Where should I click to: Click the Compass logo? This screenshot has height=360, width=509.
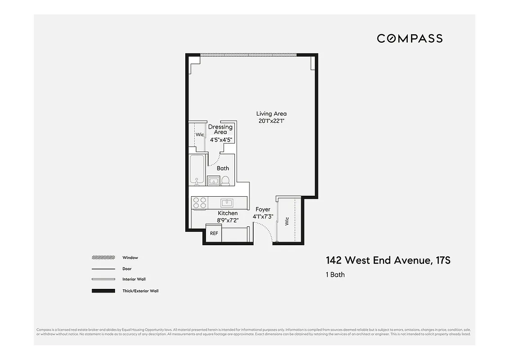pos(410,38)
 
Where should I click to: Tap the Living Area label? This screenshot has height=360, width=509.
pos(271,114)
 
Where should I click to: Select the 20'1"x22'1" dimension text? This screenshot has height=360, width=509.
pos(271,121)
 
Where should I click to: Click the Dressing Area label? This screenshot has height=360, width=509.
pos(220,130)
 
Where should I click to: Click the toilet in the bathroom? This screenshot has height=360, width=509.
pos(226,181)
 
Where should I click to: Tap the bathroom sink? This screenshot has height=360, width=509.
pos(214,181)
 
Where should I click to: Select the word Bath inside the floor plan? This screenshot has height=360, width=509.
pos(223,168)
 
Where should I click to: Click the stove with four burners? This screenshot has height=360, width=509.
pos(199,203)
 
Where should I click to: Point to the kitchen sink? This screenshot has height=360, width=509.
pos(226,202)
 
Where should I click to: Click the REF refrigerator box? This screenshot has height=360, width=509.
pos(214,233)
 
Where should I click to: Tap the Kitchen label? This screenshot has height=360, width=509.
pos(228,213)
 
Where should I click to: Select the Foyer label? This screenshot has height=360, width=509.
pos(263,209)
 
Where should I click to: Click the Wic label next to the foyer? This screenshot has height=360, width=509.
pos(286,221)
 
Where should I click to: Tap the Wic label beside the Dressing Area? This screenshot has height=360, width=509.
pos(199,135)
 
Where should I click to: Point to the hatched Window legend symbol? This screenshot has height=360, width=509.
pos(103,258)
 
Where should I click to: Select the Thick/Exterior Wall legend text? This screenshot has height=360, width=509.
pos(140,291)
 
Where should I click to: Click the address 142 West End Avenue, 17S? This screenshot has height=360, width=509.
pos(388,261)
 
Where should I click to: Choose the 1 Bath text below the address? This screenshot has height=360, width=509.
pos(335,274)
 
